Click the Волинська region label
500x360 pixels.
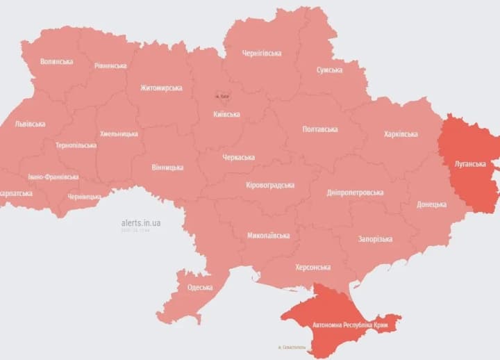(x=56, y=61)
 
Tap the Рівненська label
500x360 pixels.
(x=110, y=65)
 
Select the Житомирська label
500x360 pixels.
(x=161, y=88)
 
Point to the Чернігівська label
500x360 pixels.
(x=262, y=53)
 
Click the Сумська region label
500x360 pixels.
(x=329, y=70)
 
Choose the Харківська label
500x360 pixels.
(x=401, y=134)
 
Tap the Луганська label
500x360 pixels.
(x=470, y=164)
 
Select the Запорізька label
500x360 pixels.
(x=375, y=239)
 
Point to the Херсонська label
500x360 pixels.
(x=312, y=267)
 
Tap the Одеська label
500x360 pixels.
(x=200, y=287)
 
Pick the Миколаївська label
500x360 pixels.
(x=268, y=236)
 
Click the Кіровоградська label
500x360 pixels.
(x=270, y=185)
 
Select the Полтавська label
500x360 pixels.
(x=320, y=129)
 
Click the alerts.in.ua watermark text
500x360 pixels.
(x=140, y=222)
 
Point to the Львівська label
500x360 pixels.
(x=30, y=124)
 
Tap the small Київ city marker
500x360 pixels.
(x=222, y=96)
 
